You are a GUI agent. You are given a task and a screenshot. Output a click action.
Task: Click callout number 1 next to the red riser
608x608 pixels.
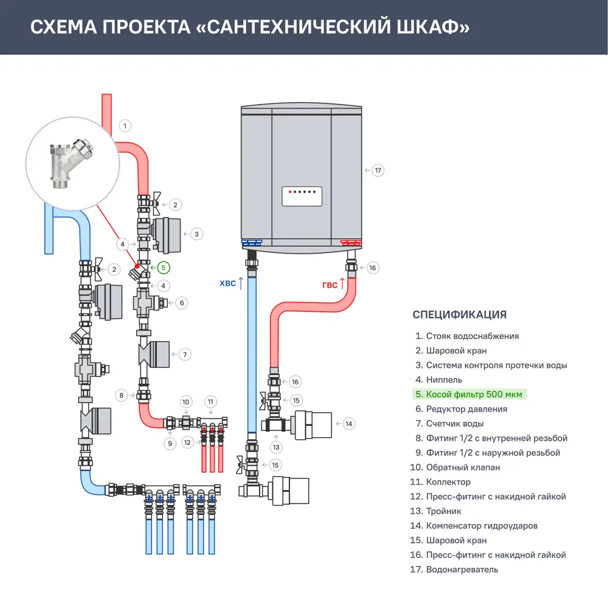pos(125,126)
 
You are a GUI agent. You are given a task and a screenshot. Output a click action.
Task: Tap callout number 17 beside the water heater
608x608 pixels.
pos(378,170)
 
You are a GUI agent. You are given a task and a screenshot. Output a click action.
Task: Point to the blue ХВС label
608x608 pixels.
pos(227,283)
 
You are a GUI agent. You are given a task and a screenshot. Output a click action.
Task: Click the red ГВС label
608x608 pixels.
pos(330,285)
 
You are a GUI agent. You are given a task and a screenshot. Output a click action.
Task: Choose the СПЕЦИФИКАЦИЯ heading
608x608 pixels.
pos(459,314)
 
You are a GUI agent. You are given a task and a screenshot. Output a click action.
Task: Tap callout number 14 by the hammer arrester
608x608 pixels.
pos(348,423)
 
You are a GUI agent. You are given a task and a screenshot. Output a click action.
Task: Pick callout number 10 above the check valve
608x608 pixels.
pos(187,401)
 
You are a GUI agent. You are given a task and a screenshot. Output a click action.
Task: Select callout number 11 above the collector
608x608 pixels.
pos(210,401)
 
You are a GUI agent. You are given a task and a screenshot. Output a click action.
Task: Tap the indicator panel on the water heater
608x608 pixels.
pos(301,196)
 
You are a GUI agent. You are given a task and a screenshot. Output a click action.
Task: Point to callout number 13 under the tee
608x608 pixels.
pos(277,447)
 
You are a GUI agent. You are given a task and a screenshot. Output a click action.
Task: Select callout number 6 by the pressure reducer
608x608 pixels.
pos(181,302)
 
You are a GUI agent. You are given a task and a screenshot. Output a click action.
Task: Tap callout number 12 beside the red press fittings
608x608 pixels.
pos(187,442)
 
